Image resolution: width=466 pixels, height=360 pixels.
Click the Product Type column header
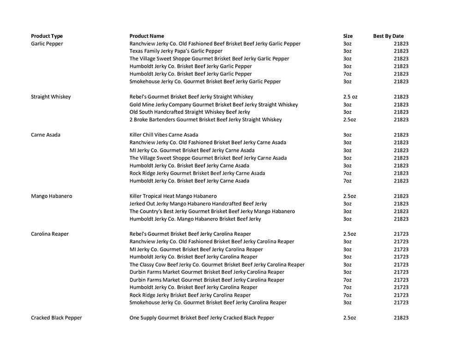pos(47,36)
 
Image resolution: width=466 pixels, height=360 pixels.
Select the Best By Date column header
pos(388,36)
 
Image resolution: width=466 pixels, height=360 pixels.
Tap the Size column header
pos(347,36)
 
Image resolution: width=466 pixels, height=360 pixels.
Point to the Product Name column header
pos(147,36)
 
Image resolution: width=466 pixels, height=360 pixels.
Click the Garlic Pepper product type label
pos(47,44)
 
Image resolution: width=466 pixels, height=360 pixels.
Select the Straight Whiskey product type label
pos(51,97)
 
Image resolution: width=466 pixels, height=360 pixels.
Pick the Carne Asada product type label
pos(46,135)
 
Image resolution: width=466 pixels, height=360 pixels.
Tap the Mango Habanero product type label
pos(51,196)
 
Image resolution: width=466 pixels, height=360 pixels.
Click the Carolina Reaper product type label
pos(50,234)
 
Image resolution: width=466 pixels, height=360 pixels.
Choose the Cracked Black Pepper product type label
pos(56,318)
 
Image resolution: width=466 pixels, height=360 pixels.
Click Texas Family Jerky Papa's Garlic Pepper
pos(176,51)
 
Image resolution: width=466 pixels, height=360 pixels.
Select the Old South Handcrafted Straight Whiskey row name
pos(190,112)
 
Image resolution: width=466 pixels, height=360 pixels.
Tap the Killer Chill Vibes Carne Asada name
pos(164,135)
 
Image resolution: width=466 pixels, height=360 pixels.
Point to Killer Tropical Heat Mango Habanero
pos(173,196)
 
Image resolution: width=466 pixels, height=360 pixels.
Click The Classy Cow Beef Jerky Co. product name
pos(217,265)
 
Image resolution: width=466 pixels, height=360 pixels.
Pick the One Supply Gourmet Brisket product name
pos(202,318)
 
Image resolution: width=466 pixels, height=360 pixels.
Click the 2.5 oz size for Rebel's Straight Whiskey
pos(350,97)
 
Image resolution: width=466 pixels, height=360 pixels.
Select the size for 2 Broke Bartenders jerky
pos(349,120)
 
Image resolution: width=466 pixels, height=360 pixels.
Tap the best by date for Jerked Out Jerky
pos(401,204)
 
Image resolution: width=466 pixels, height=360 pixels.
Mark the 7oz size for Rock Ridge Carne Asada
pos(347,173)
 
